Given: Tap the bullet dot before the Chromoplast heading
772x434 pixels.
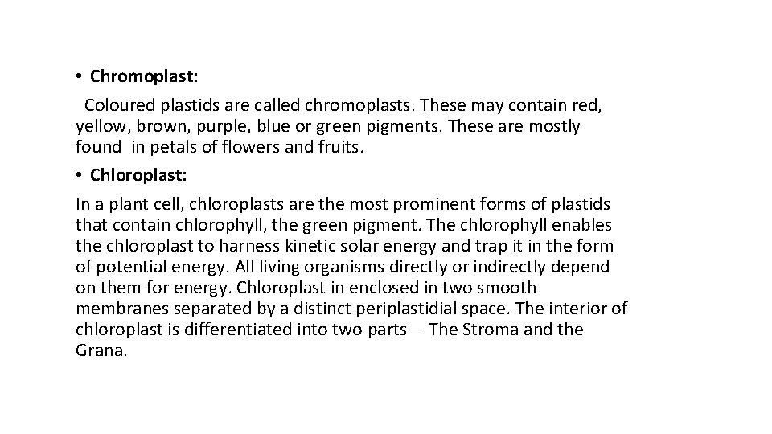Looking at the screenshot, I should click(x=80, y=77).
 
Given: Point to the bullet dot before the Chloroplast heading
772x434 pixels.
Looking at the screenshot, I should click(x=80, y=174).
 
